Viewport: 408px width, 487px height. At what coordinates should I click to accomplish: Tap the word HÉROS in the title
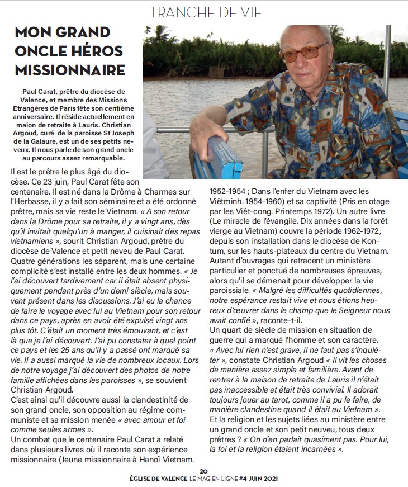[x=96, y=51]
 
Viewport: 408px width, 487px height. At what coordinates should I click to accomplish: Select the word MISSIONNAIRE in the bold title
[x=69, y=70]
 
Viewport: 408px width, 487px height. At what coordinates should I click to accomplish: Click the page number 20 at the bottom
[x=203, y=471]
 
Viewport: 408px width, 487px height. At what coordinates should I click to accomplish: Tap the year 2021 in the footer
[x=269, y=479]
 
